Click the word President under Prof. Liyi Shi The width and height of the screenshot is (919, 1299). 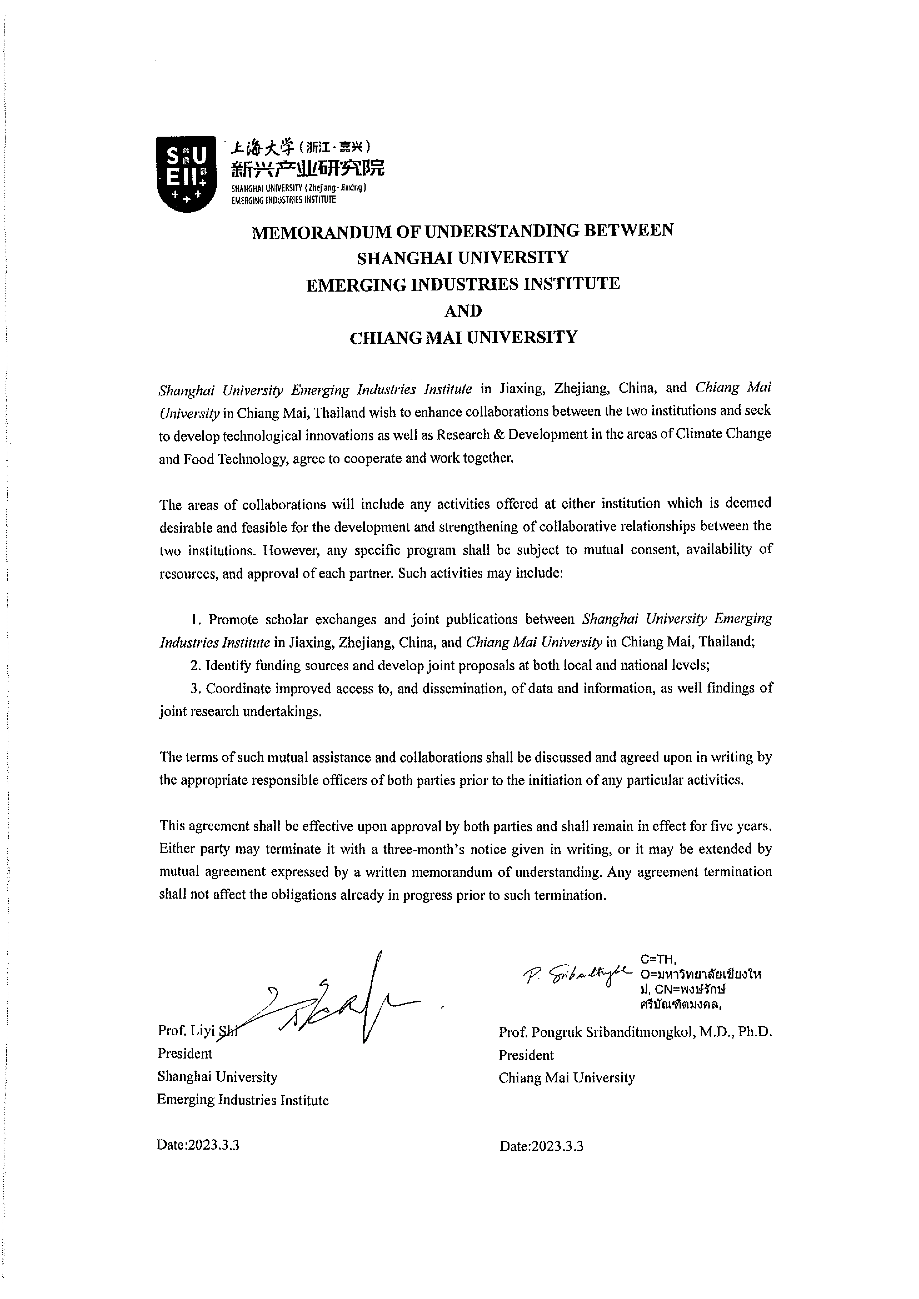click(185, 1054)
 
